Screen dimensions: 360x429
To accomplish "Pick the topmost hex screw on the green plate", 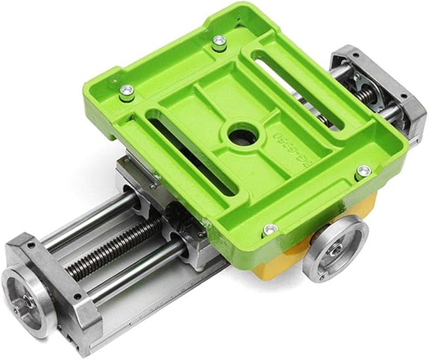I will [x=219, y=42].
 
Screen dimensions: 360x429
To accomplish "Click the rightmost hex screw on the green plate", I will [x=363, y=171].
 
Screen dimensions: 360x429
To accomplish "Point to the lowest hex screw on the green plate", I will [x=270, y=229].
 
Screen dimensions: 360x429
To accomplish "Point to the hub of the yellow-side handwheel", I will [x=335, y=249].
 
